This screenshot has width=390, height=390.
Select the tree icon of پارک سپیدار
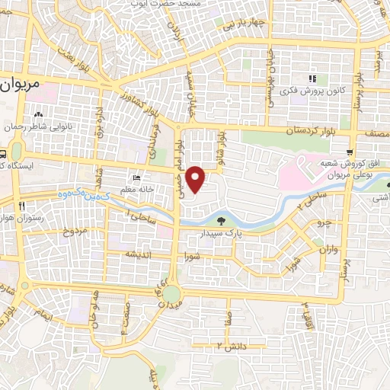click(x=231, y=222)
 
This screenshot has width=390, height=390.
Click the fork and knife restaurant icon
click(x=24, y=205)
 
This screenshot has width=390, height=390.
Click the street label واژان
click(x=328, y=249)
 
